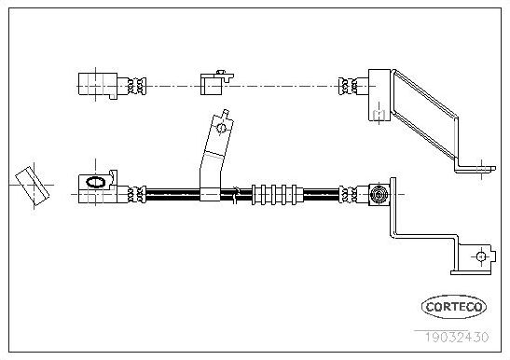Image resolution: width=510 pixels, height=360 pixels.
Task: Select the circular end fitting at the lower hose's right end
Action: pyautogui.click(x=379, y=194)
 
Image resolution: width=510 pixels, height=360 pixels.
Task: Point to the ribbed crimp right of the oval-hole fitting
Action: pyautogui.click(x=137, y=194)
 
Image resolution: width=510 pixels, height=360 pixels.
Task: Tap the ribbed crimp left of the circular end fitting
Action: pyautogui.click(x=352, y=194)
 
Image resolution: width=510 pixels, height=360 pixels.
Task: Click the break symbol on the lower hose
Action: pyautogui.click(x=239, y=194)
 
